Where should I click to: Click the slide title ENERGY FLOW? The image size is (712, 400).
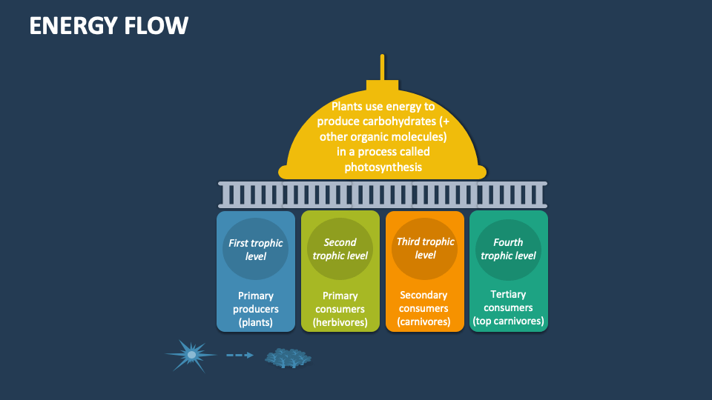[x=109, y=26]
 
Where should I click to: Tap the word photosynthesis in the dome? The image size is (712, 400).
[x=383, y=167]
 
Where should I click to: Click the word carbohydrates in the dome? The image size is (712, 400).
[x=396, y=121]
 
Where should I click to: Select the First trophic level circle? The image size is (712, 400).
[x=256, y=249]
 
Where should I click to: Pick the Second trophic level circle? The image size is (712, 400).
[x=340, y=249]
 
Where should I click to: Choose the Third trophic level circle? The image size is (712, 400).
[x=425, y=248]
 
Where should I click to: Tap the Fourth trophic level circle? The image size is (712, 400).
[x=508, y=249]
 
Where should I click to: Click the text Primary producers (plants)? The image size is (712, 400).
[x=256, y=309]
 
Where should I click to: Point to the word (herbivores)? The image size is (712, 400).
[x=340, y=322]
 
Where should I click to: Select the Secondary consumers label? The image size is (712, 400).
[x=424, y=301]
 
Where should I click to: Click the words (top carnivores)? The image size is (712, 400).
[x=509, y=321]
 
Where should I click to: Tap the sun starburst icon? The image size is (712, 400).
[x=191, y=356]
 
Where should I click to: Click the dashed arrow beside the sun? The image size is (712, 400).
[x=240, y=356]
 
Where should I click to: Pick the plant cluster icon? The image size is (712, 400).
[x=288, y=359]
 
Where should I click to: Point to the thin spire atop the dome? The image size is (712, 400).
[x=383, y=67]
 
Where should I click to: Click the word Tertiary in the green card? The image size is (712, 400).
[x=509, y=295]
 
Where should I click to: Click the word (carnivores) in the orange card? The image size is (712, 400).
[x=424, y=322]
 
